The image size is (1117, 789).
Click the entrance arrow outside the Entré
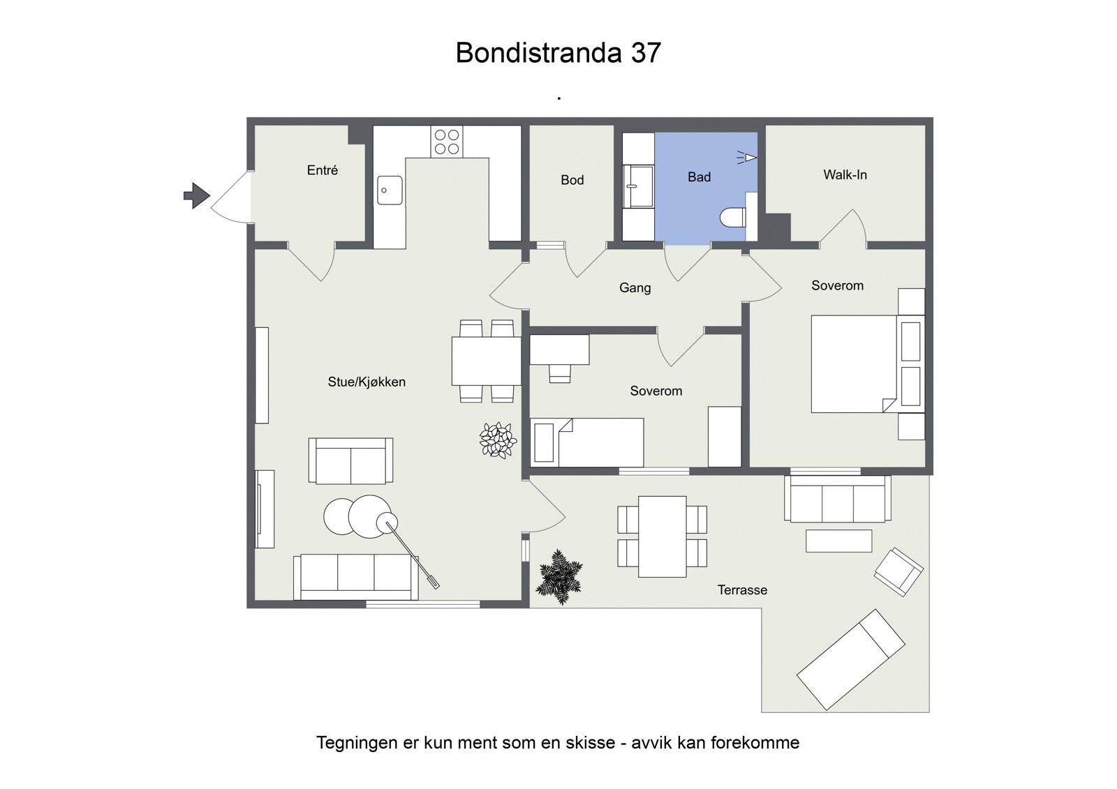click(196, 195)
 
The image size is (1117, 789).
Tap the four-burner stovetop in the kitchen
click(446, 142)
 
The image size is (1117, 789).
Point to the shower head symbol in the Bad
click(748, 158)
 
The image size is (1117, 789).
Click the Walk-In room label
click(845, 175)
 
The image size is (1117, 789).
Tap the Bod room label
click(572, 180)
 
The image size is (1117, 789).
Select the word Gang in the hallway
click(635, 287)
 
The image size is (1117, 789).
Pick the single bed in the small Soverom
click(587, 442)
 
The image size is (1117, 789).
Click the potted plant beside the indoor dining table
click(498, 440)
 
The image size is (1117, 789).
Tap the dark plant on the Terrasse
click(559, 577)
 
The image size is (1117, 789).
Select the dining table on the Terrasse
click(662, 536)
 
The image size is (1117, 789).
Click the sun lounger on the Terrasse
click(851, 659)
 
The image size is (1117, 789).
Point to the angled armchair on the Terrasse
click(898, 571)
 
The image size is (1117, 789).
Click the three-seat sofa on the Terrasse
click(837, 499)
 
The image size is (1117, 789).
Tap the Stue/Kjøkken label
click(367, 382)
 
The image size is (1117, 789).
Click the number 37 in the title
click(646, 53)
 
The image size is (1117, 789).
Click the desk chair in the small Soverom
click(559, 373)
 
